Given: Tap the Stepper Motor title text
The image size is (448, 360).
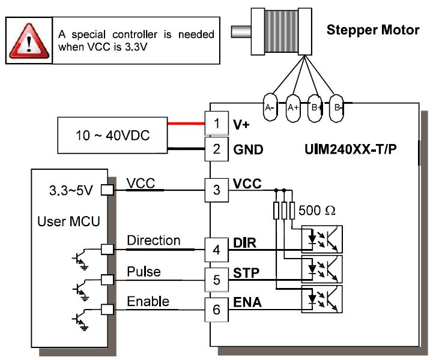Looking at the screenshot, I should [372, 30].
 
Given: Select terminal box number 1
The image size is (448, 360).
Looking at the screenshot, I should [217, 124].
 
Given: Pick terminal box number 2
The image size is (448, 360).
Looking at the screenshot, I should [217, 148].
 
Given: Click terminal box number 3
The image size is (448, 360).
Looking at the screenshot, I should [217, 190].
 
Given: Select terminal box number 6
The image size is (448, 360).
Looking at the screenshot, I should [217, 310].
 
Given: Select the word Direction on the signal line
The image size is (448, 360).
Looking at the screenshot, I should [154, 241].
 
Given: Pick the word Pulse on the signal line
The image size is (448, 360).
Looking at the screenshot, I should [144, 272].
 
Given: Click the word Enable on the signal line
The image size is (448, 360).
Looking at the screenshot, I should [148, 301].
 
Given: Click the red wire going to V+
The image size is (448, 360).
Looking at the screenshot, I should [186, 124].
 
